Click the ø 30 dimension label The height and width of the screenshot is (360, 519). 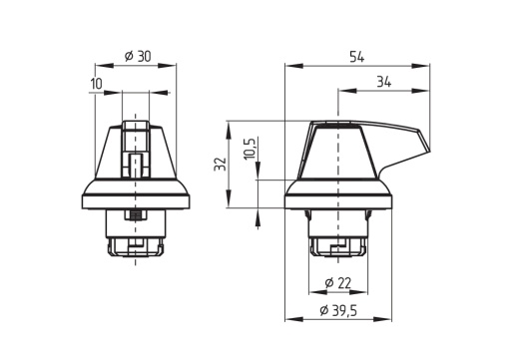coord(138,56)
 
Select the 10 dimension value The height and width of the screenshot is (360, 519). coord(97,84)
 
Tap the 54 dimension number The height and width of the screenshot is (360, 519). coord(356,57)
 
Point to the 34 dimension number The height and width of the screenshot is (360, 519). coord(384,82)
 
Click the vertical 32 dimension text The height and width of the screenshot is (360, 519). coord(220,164)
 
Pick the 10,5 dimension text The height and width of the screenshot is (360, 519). coord(251,149)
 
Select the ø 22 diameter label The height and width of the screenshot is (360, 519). coord(337,283)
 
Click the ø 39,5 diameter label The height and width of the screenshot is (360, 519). coord(338,310)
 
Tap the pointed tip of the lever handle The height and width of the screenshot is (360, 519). coord(429,149)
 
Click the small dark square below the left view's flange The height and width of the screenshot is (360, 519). coord(135,215)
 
